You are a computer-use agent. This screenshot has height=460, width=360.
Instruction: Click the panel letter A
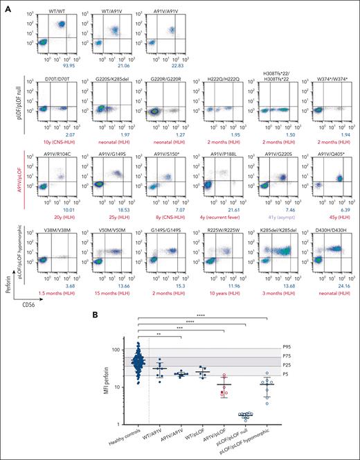pyautogui.click(x=5, y=6)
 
